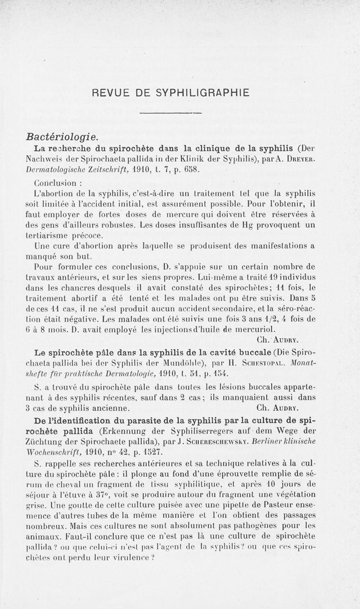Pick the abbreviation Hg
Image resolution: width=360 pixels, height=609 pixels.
265,224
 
